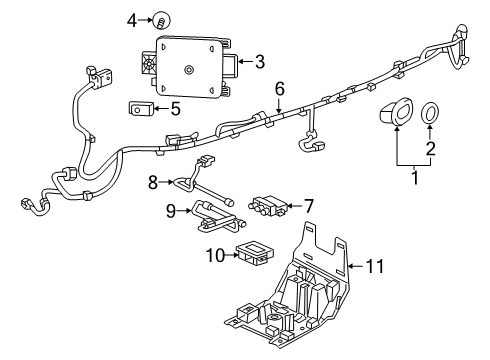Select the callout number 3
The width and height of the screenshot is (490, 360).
[x=258, y=62]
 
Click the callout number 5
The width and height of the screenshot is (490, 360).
[x=176, y=108]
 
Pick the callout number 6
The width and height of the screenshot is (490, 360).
[x=280, y=89]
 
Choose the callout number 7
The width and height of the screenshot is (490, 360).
[x=308, y=205]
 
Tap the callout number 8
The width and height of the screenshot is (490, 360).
[x=153, y=183]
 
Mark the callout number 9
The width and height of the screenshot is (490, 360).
[x=170, y=210]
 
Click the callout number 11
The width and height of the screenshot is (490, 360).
[x=375, y=266]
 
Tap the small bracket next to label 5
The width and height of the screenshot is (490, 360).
[x=142, y=109]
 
